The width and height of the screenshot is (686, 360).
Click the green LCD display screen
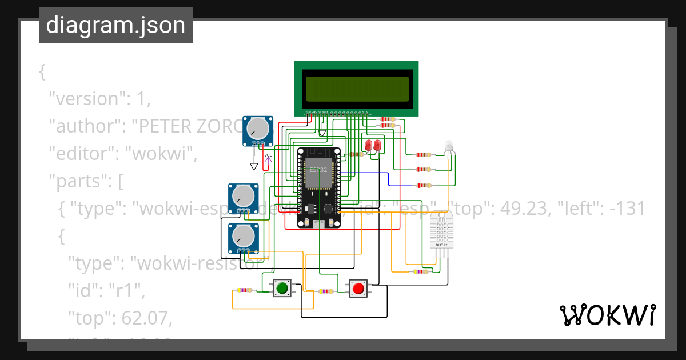357,89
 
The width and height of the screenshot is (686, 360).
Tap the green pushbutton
281,288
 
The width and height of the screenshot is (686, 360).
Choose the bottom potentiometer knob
244,237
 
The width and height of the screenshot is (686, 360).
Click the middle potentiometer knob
244,197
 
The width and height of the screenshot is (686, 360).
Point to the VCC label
268,155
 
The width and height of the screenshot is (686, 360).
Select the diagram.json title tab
115,26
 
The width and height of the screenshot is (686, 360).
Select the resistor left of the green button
244,290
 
